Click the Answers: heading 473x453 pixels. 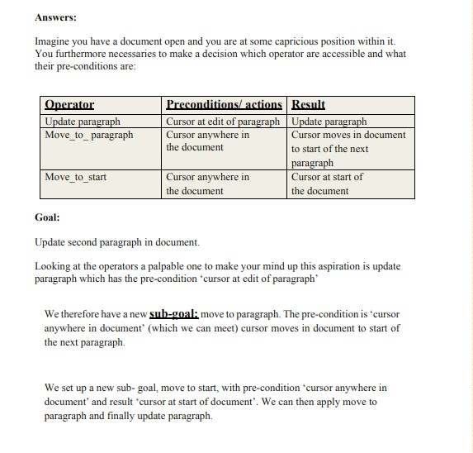56,17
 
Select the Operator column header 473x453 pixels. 69,105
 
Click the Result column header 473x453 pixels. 308,105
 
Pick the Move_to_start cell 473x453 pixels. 75,177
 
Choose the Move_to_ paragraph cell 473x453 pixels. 88,135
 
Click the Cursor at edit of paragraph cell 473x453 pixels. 223,122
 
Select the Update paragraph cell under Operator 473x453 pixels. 82,122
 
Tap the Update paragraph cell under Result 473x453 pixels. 329,122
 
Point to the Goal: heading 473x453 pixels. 47,217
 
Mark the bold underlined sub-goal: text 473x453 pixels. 170,314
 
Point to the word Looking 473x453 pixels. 54,266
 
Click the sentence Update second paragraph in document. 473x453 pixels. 116,242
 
